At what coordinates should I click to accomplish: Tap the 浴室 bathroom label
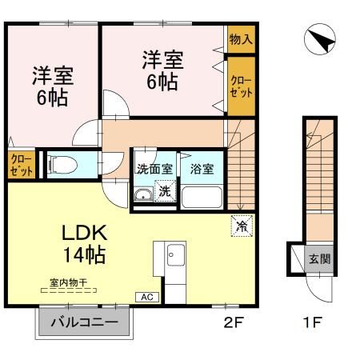(202, 170)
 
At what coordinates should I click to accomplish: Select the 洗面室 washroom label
(154, 170)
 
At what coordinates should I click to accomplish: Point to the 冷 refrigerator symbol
(242, 226)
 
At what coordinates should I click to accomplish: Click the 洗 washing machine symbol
(165, 192)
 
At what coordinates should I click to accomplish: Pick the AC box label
(146, 297)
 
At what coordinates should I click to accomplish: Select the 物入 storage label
(240, 38)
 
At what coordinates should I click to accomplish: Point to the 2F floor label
(232, 324)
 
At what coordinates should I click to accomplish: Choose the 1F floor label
(312, 324)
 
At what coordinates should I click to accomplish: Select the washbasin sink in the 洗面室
(144, 196)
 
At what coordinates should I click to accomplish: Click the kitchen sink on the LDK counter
(174, 256)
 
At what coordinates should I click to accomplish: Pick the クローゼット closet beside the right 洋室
(240, 85)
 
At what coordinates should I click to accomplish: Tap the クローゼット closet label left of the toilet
(21, 166)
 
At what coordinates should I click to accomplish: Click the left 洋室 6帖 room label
(53, 86)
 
